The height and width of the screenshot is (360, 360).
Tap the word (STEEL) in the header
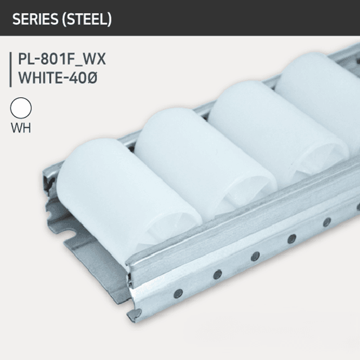pyautogui.click(x=89, y=19)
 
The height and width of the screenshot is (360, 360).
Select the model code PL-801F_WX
pyautogui.click(x=62, y=60)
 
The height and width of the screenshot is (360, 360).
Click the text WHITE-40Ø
pyautogui.click(x=58, y=79)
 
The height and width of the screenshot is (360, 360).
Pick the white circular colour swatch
pyautogui.click(x=21, y=108)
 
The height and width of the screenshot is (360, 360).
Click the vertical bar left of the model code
pyautogui.click(x=11, y=69)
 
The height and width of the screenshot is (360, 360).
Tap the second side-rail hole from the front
pyautogui.click(x=216, y=274)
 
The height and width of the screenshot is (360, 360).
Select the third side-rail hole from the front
pyautogui.click(x=254, y=256)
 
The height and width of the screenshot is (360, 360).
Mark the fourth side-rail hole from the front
pyautogui.click(x=291, y=238)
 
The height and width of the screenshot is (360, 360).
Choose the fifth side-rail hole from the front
pyautogui.click(x=327, y=221)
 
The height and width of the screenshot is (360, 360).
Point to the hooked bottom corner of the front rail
pyautogui.click(x=133, y=313)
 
